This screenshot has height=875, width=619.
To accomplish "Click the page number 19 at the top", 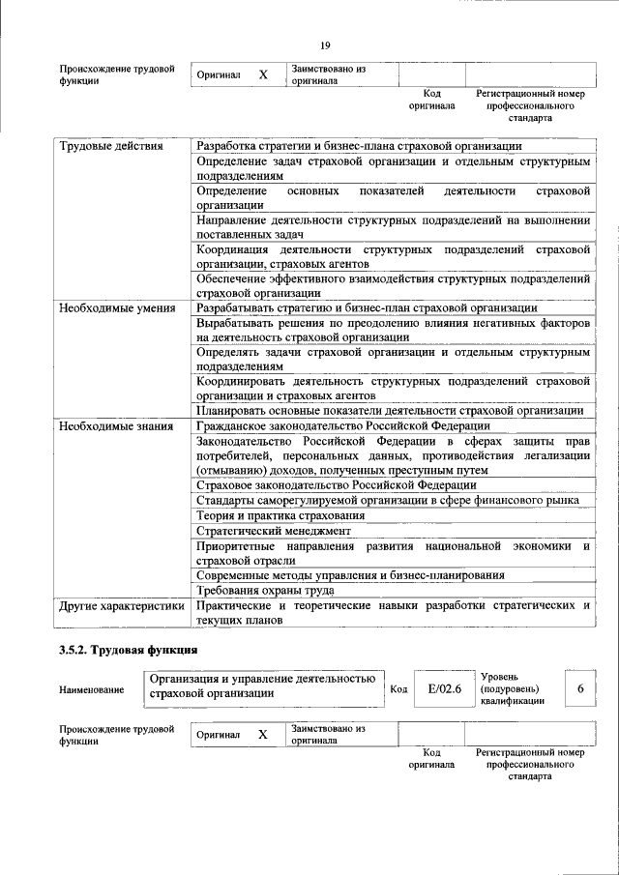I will tap(325, 44).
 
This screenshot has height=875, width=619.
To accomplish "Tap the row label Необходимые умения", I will tap(116, 308).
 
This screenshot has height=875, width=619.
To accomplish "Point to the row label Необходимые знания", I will tap(115, 425).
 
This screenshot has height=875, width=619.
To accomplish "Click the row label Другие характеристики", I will tap(121, 606).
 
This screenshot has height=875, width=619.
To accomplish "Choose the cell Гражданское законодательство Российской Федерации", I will tap(342, 425).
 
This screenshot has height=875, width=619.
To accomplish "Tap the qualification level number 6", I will tap(579, 688).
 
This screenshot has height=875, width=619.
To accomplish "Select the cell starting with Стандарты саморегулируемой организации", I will tap(387, 500).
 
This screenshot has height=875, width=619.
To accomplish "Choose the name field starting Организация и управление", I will tap(263, 685).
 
